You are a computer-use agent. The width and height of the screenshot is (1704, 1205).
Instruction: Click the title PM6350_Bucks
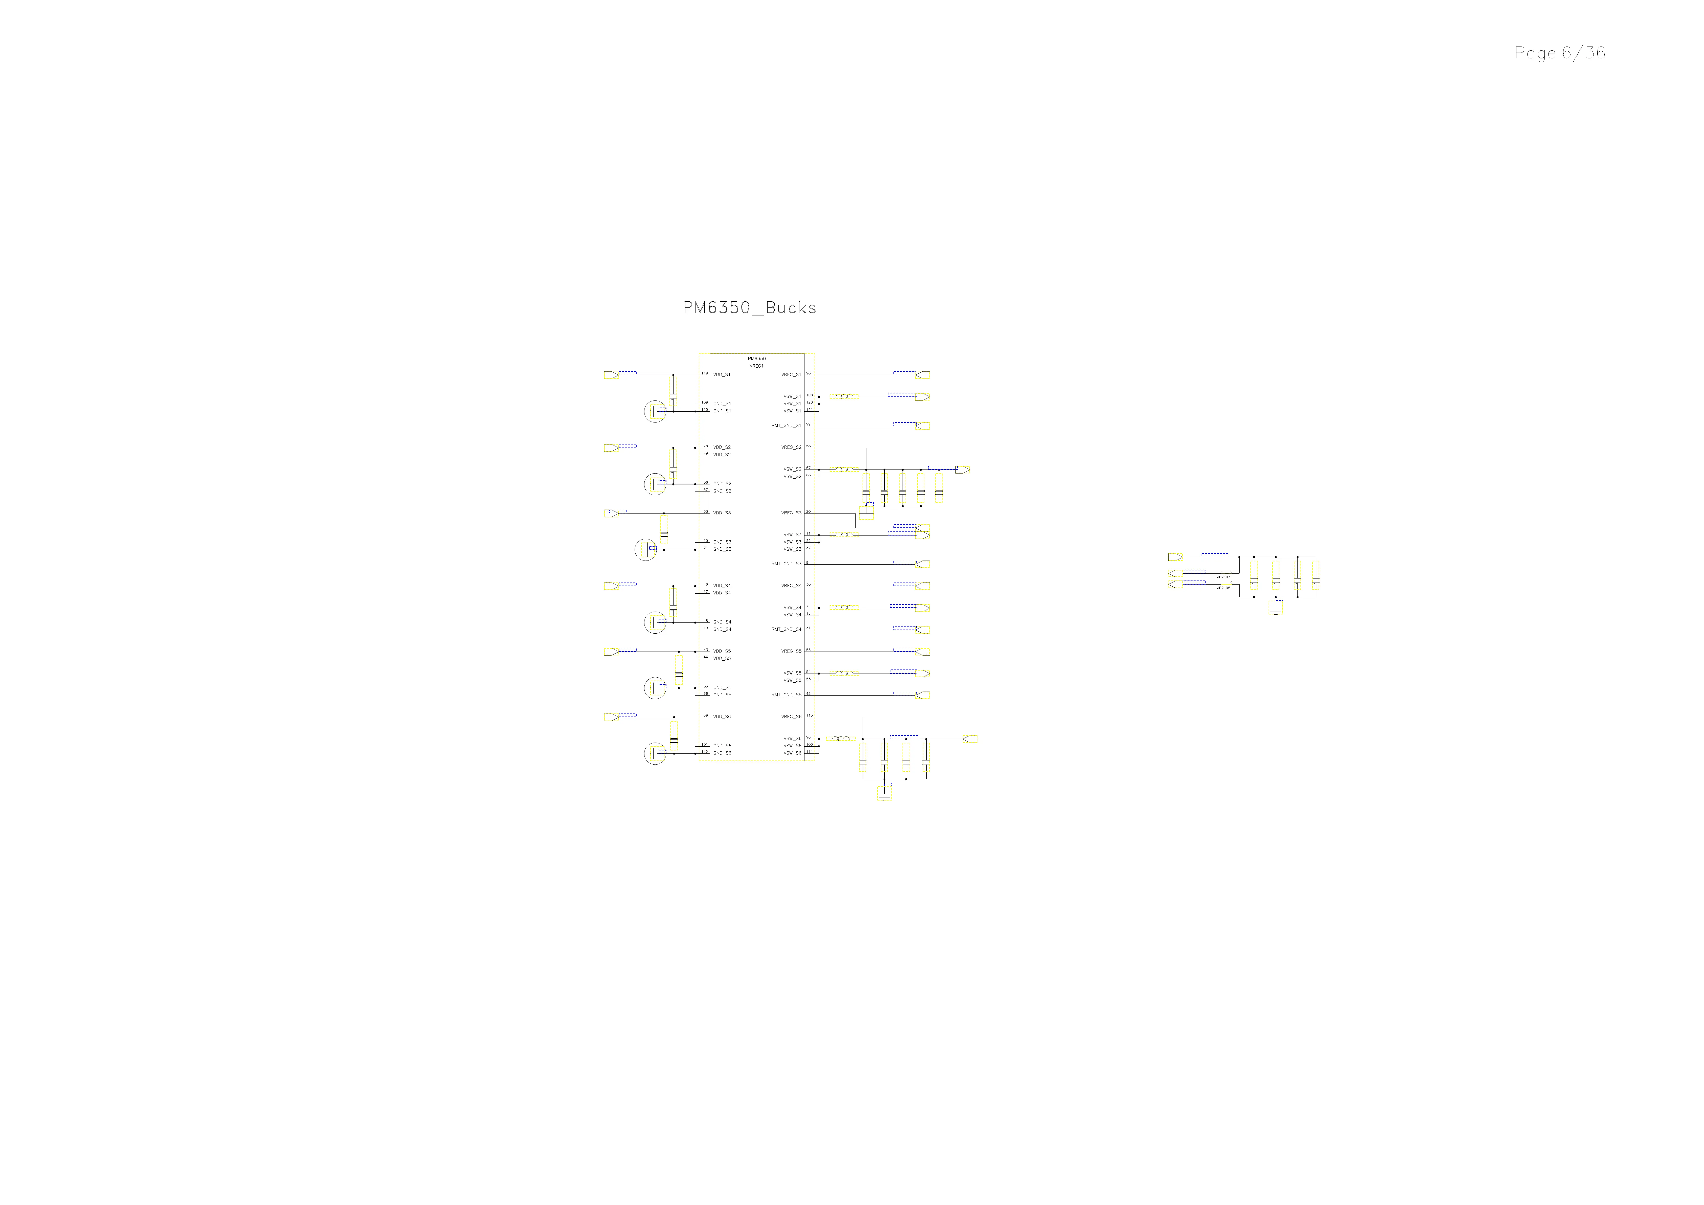point(750,308)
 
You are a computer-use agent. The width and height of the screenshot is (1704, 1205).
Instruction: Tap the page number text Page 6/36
point(1559,53)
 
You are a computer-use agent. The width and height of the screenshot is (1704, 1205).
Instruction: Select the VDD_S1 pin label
point(721,375)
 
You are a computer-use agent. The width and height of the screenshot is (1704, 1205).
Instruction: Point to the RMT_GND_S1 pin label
point(786,426)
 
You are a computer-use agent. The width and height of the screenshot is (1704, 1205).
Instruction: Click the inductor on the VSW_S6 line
point(841,739)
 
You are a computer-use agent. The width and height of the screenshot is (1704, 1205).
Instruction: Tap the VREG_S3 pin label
point(791,513)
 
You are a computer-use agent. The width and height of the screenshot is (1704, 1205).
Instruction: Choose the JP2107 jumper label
point(1223,576)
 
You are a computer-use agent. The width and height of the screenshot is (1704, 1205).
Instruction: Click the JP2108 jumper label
point(1223,588)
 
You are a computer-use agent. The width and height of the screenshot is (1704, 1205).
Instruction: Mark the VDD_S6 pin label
point(721,717)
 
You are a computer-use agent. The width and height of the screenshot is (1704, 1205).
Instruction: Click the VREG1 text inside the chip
point(756,366)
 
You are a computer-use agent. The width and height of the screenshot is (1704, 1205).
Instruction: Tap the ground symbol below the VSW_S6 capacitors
point(884,794)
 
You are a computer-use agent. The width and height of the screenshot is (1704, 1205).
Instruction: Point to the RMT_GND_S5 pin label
point(786,695)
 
